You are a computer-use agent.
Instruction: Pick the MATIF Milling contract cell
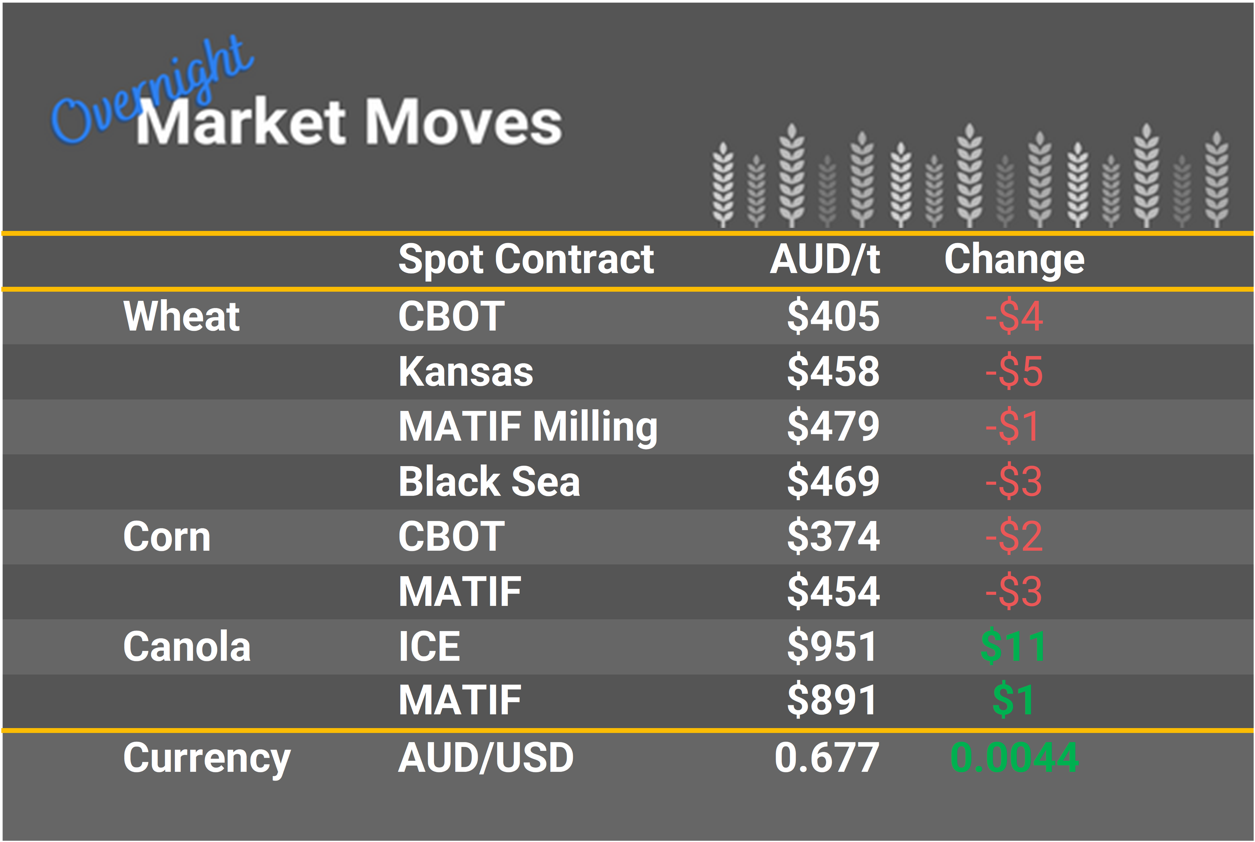click(528, 427)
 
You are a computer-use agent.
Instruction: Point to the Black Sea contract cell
click(489, 482)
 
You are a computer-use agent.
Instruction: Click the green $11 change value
click(1013, 647)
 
